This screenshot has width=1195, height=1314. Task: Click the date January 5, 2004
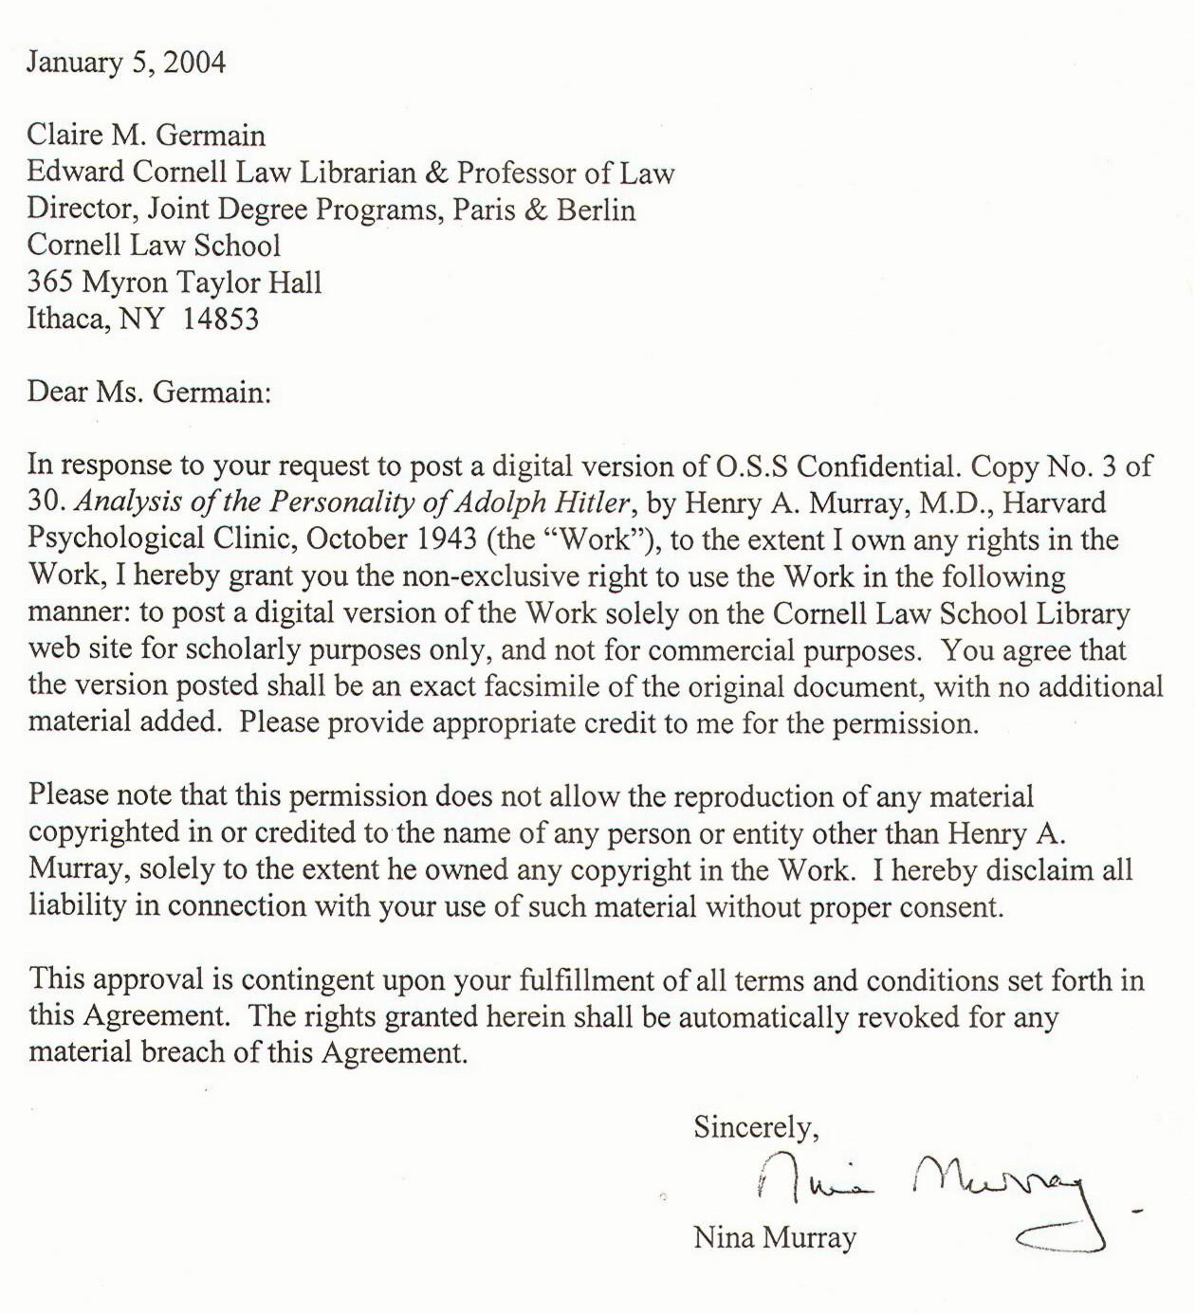pos(126,63)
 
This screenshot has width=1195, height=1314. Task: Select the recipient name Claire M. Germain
pos(146,135)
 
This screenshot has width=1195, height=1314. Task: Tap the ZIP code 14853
pos(220,319)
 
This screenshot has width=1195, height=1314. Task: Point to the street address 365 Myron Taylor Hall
pos(175,283)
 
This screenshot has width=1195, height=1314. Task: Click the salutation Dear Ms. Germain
pos(149,392)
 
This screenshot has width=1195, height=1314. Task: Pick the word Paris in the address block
pos(483,210)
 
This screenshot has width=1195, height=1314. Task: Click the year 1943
pos(443,538)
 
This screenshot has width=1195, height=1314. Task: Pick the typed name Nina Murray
pos(775,1237)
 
